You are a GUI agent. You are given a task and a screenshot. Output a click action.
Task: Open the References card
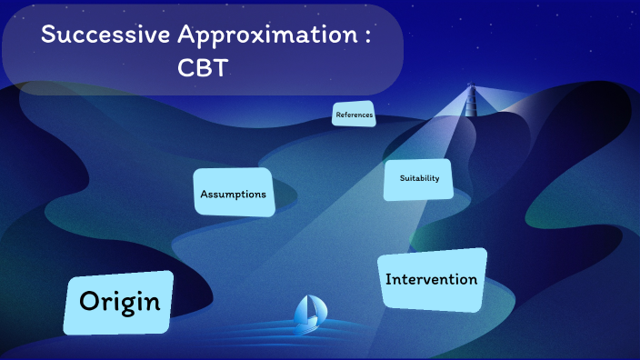(354, 115)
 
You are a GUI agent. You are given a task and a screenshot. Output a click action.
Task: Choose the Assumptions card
(234, 194)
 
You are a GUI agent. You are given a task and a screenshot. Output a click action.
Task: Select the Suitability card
(418, 178)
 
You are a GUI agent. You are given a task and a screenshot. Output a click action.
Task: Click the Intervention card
(432, 279)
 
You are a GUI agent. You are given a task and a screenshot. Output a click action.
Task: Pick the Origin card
(119, 303)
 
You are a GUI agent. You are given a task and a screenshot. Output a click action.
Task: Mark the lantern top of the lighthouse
(471, 87)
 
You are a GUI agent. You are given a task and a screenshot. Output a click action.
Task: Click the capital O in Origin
(88, 302)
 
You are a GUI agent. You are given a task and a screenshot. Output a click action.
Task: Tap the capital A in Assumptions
(205, 194)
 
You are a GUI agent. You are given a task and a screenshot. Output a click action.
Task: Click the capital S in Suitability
(401, 178)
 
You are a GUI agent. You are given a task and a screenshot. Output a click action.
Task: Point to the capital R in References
(338, 115)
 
